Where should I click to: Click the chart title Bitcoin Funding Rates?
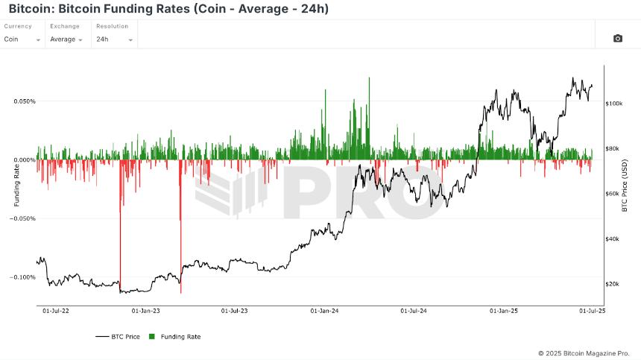(168, 9)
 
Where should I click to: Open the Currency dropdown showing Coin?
(22, 39)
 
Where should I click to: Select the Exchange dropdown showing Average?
(69, 39)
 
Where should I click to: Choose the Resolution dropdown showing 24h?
(115, 39)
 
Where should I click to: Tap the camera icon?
(617, 38)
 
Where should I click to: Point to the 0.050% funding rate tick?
(24, 101)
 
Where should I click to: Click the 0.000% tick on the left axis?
(24, 160)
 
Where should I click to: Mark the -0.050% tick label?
(23, 219)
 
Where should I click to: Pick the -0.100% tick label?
(23, 277)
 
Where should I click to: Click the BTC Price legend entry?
(119, 337)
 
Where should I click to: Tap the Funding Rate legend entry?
(176, 337)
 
